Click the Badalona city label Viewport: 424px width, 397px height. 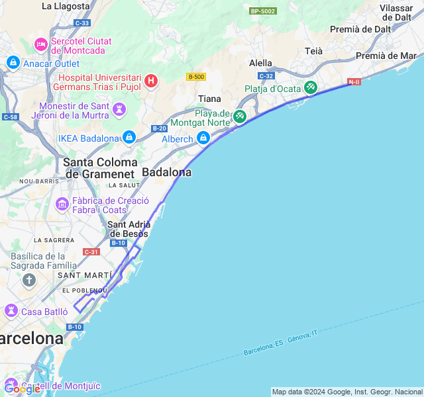(x=167, y=172)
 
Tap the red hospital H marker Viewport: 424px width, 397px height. (x=152, y=81)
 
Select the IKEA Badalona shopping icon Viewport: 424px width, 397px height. (x=129, y=138)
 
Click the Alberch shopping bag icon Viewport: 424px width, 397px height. (x=203, y=138)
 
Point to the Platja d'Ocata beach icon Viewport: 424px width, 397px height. (x=310, y=88)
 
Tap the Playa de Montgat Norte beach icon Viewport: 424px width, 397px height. (x=239, y=117)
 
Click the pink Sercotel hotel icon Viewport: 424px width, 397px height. (x=41, y=45)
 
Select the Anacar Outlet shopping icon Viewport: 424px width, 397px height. (x=13, y=63)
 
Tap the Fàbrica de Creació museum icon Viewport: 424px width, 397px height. (x=62, y=204)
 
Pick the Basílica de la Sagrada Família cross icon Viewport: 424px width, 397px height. (x=28, y=281)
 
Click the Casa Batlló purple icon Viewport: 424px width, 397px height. (x=11, y=310)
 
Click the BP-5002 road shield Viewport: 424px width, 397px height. (x=263, y=11)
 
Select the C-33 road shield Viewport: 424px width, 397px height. (x=82, y=23)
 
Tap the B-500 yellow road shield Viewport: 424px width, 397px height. (x=195, y=77)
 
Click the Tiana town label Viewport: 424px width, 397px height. (x=209, y=99)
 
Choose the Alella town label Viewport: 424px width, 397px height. (x=260, y=63)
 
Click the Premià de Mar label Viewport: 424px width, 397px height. (x=386, y=56)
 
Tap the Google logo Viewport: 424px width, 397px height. (x=22, y=389)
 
